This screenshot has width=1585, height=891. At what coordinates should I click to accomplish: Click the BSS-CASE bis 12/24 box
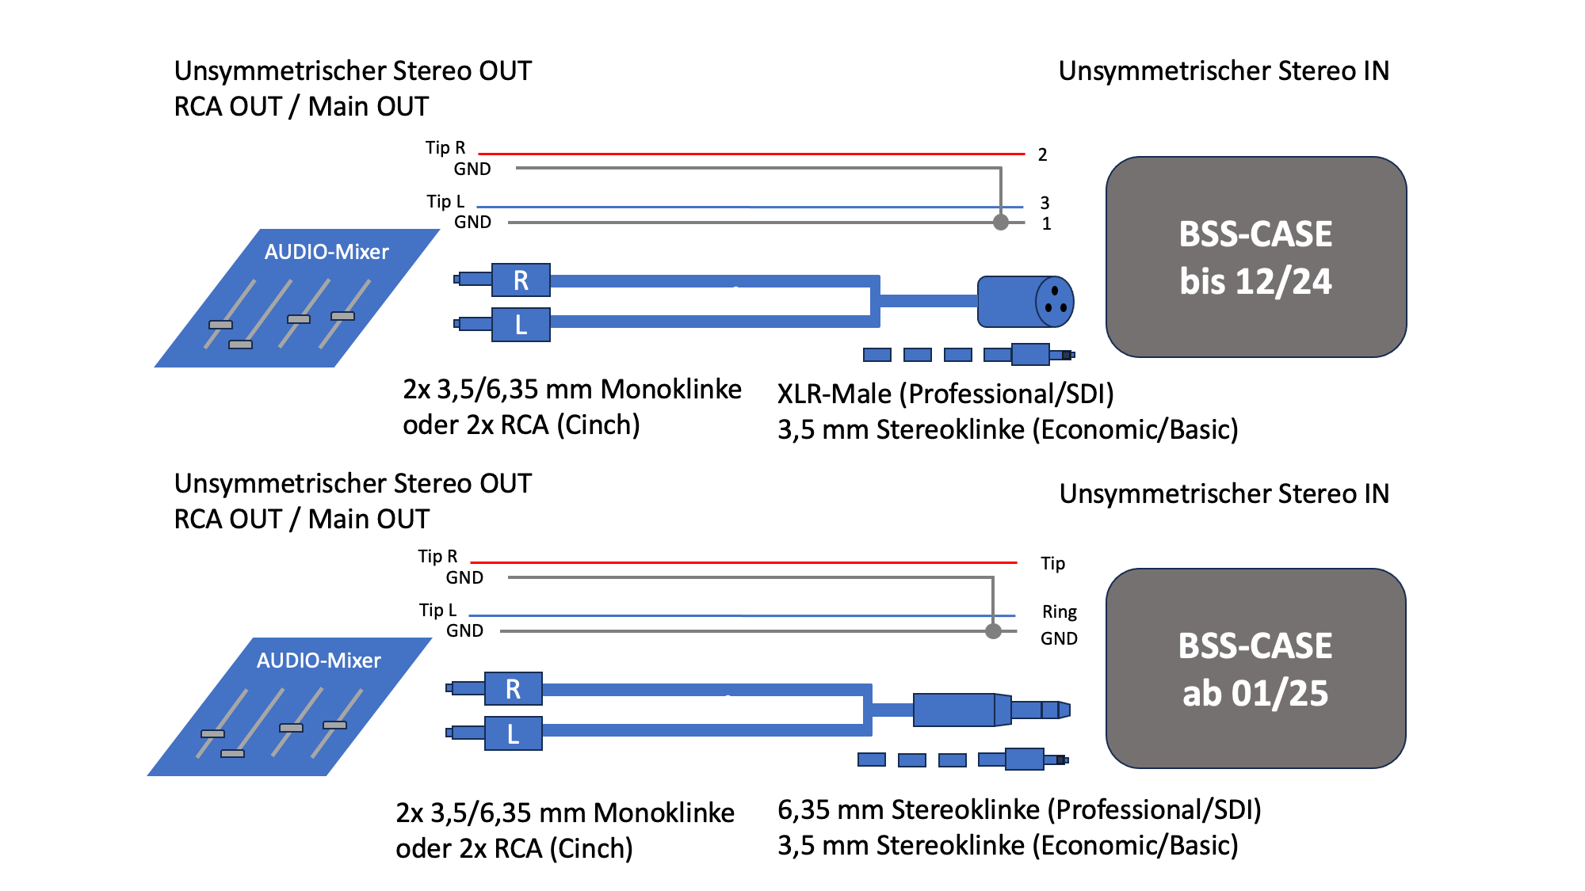[x=1255, y=257]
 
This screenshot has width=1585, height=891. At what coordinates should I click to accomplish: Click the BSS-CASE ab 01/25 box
[x=1255, y=668]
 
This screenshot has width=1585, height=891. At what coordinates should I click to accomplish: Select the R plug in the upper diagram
[x=521, y=280]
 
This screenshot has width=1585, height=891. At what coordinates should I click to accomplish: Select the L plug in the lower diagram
[x=513, y=733]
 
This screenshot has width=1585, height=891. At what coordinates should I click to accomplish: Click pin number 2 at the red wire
[x=1042, y=154]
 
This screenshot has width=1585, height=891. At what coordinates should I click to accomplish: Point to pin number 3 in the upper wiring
[x=1045, y=203]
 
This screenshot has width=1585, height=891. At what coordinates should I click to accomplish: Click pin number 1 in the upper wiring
[x=1046, y=224]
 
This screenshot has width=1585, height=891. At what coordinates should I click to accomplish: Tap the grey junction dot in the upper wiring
[x=1001, y=223]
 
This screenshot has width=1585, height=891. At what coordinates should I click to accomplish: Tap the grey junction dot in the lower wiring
[x=993, y=631]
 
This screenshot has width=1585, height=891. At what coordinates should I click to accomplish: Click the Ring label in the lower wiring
[x=1059, y=612]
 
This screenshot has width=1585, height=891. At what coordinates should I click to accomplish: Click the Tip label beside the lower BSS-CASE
[x=1052, y=563]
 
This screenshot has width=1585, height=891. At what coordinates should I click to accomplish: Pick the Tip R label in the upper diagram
[x=445, y=148]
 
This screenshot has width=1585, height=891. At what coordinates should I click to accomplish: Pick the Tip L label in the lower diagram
[x=437, y=610]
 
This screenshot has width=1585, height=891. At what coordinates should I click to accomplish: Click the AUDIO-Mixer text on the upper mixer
[x=327, y=252]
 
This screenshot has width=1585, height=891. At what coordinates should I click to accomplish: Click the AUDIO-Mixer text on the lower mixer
[x=319, y=661]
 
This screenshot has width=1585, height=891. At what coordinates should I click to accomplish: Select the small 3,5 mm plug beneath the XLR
[x=1030, y=354]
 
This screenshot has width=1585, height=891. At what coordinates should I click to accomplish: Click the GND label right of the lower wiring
[x=1059, y=638]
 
